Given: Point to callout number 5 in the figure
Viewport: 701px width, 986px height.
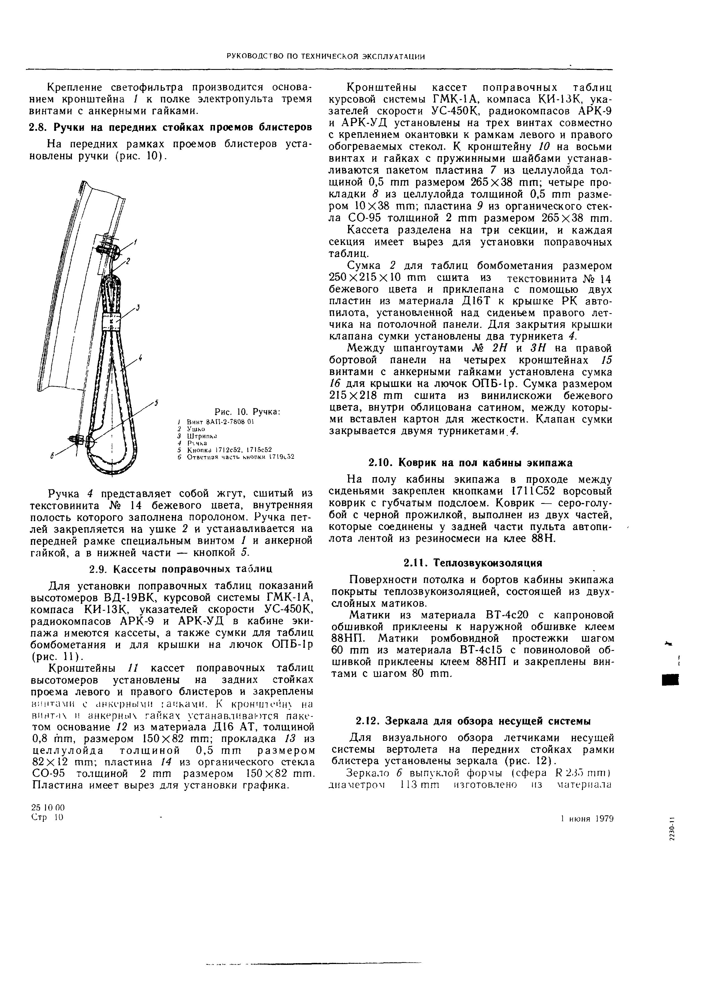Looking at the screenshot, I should (156, 403).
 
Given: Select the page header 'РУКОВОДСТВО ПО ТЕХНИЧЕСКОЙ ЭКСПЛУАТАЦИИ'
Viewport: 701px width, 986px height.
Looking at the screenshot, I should (326, 57).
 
